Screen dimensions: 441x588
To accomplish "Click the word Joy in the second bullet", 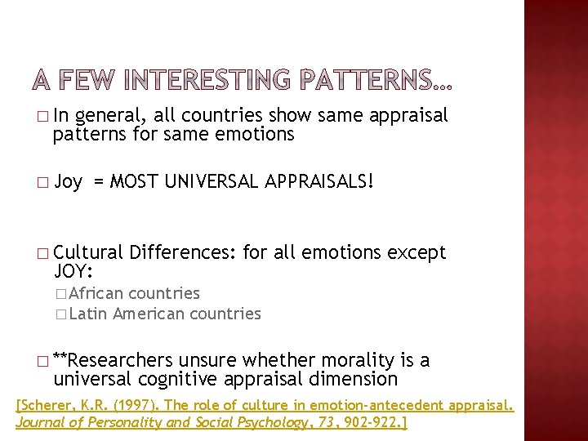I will (68, 182).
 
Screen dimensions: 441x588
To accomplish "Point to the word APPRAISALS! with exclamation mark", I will (320, 181).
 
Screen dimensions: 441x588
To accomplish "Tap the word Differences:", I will (183, 252).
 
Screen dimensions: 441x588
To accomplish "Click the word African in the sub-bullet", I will (96, 293).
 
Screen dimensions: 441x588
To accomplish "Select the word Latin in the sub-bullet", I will (89, 314).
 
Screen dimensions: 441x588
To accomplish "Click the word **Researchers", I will (112, 360).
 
